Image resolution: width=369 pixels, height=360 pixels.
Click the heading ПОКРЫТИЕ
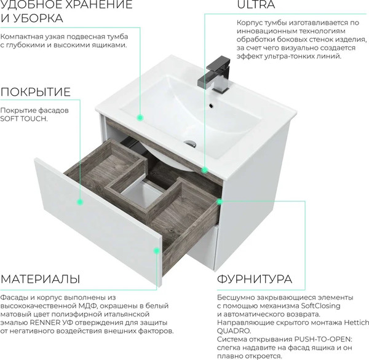[x=35, y=92]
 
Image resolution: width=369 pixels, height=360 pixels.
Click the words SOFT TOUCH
[x=23, y=119]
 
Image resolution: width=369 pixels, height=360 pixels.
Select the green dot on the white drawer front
[x=79, y=201]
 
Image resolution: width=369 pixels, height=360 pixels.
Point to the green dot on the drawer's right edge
[x=219, y=200]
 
